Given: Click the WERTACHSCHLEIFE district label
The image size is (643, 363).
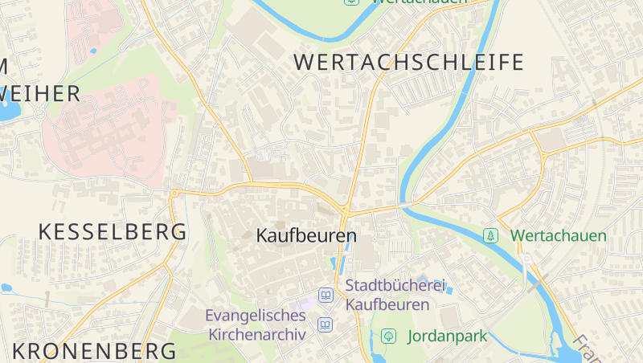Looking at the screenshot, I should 408,62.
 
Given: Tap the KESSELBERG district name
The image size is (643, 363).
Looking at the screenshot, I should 113,232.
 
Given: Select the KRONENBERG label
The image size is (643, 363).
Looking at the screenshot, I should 94,351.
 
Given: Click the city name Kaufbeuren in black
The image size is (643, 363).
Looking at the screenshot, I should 305,236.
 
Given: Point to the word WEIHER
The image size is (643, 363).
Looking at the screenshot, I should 40,94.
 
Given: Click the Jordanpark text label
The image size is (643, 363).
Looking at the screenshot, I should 448,336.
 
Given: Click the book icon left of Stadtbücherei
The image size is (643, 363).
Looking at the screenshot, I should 326,295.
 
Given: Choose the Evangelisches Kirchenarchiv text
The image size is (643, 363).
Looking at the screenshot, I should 256,324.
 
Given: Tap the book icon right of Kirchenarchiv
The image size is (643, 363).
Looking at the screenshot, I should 325,324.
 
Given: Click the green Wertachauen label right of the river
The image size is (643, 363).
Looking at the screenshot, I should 559,236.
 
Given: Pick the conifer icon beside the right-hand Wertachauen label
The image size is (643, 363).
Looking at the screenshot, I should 489,236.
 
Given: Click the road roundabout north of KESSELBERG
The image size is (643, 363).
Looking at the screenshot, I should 174,193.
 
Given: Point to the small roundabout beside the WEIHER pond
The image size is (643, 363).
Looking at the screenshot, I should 39,113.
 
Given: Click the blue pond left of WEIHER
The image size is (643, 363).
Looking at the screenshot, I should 8,111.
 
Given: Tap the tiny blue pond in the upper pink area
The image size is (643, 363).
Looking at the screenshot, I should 93,51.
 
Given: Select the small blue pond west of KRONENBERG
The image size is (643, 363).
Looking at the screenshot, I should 6,288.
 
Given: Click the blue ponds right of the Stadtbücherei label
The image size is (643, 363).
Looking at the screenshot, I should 444,286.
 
